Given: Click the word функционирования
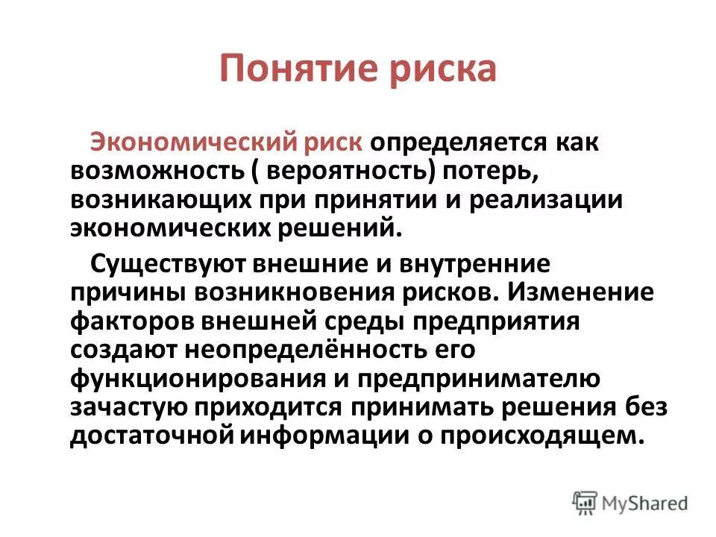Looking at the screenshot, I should point(195,379).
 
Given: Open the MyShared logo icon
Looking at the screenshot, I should point(586,503).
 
